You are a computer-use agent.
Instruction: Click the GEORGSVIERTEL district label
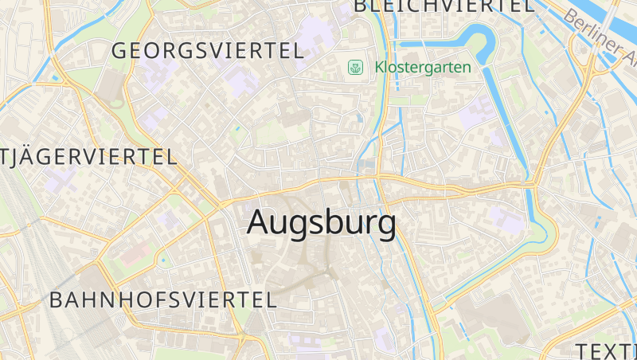click(x=207, y=51)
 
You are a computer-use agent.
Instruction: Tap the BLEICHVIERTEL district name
click(x=444, y=6)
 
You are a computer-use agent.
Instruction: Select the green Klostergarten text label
click(x=423, y=68)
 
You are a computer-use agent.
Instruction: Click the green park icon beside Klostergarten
click(x=355, y=68)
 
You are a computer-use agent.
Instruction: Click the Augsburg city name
click(x=321, y=223)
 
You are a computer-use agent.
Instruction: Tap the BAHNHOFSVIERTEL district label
click(x=163, y=300)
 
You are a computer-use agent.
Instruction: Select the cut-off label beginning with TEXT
click(x=606, y=350)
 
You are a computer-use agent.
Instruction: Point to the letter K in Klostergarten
click(x=379, y=68)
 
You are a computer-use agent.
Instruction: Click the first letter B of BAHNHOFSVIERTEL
click(x=56, y=300)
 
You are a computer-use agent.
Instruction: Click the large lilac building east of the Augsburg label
click(x=507, y=218)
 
